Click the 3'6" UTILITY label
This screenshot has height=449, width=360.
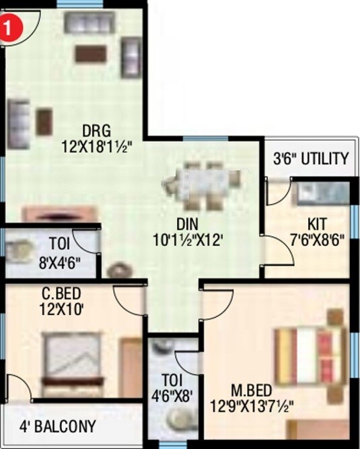(x=311, y=160)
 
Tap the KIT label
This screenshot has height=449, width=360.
(x=316, y=222)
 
